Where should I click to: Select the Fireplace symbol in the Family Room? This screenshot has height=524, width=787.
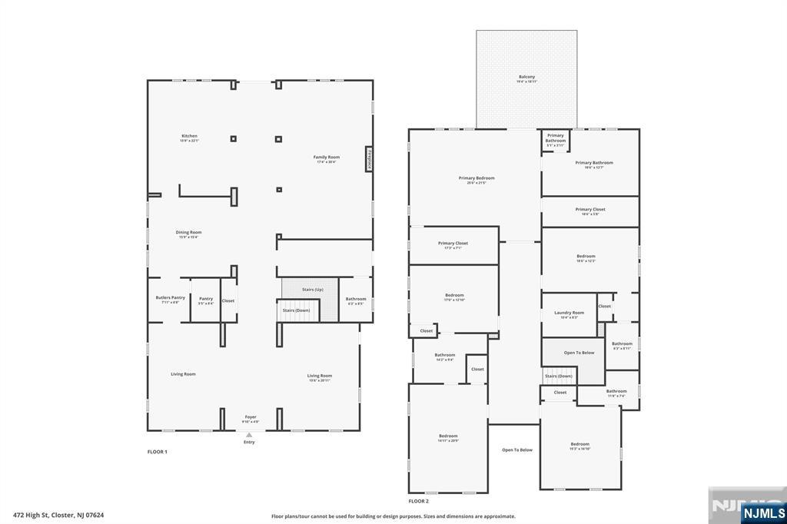369,158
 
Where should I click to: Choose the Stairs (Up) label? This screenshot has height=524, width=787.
312,290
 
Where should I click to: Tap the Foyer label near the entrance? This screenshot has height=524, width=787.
251,418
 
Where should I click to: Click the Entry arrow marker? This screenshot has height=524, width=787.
249,435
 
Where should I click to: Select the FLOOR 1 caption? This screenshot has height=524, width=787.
157,452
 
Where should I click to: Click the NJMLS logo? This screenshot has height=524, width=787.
763,512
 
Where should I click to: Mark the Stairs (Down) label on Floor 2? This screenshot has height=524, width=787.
559,376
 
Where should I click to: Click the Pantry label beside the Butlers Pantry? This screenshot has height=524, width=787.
206,300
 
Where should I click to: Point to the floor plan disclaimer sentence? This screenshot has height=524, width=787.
393,516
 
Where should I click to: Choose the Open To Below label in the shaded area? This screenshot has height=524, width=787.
579,353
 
